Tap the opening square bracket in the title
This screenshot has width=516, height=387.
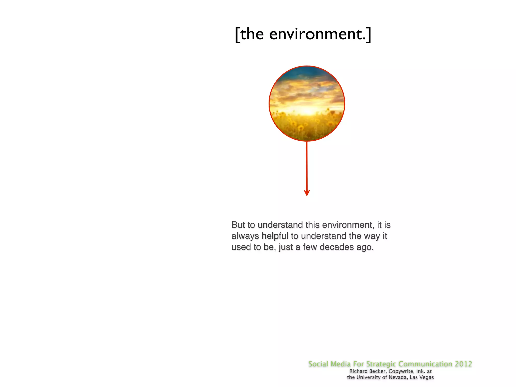[237, 35]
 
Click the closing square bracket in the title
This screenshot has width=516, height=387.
[369, 35]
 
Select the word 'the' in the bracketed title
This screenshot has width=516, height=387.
[252, 34]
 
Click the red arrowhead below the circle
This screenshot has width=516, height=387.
[307, 193]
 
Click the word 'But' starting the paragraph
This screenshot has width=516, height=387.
[238, 225]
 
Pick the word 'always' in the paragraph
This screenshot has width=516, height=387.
[245, 236]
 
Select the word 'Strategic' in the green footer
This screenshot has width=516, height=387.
[381, 364]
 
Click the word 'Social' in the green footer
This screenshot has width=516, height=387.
[318, 364]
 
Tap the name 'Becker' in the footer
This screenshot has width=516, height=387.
[377, 371]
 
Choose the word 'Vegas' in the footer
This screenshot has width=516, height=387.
[427, 377]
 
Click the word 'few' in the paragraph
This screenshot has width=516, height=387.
[310, 247]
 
